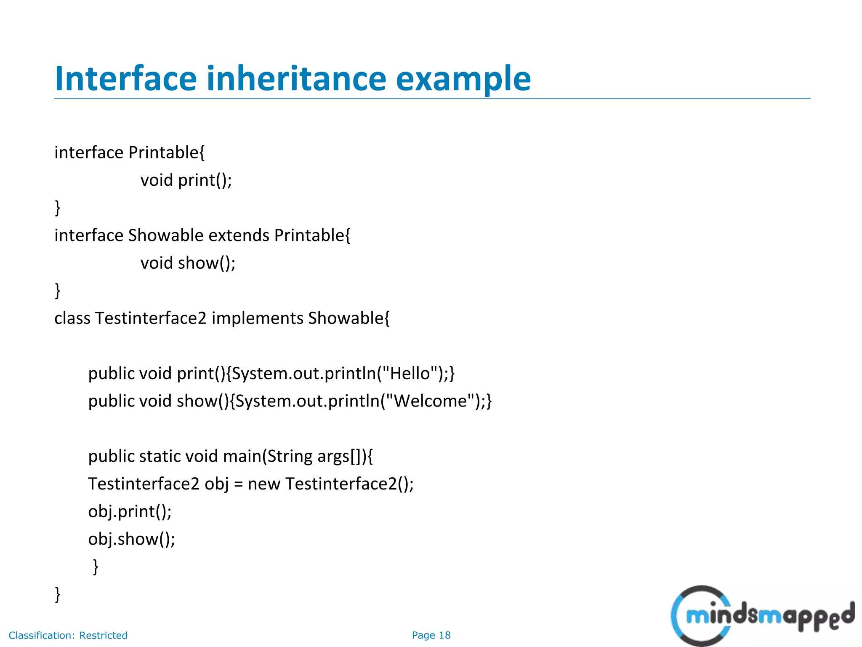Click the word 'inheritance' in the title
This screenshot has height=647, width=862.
click(296, 79)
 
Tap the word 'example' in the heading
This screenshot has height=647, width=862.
click(463, 79)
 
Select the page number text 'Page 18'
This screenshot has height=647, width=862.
click(431, 635)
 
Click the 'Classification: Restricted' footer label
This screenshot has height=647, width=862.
click(68, 635)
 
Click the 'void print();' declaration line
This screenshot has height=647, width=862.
click(186, 180)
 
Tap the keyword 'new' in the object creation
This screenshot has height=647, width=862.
click(264, 484)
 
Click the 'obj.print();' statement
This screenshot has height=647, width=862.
click(130, 511)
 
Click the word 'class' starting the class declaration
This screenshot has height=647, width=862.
click(72, 318)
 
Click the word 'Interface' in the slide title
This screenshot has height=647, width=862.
click(125, 79)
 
